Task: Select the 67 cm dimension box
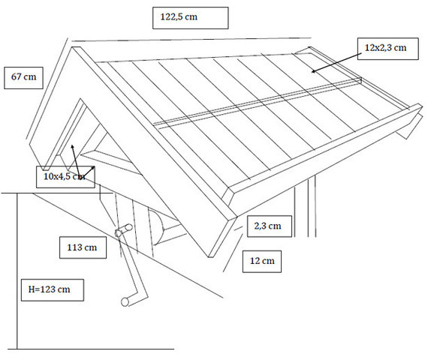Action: [x=23, y=78]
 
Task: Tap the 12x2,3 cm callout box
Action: [x=387, y=49]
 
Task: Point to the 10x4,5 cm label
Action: [x=65, y=177]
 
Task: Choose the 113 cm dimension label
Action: [x=83, y=247]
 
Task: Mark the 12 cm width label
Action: [x=262, y=262]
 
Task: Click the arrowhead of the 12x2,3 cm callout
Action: [x=314, y=70]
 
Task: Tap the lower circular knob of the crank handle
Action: [x=125, y=301]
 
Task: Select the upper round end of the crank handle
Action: [x=129, y=227]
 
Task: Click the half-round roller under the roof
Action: [x=157, y=226]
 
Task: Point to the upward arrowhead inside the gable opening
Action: [x=73, y=147]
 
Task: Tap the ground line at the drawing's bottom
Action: [x=91, y=349]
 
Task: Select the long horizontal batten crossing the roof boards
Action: [x=258, y=102]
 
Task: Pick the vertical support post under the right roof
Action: [x=312, y=206]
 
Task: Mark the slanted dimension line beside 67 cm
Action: [x=47, y=88]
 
